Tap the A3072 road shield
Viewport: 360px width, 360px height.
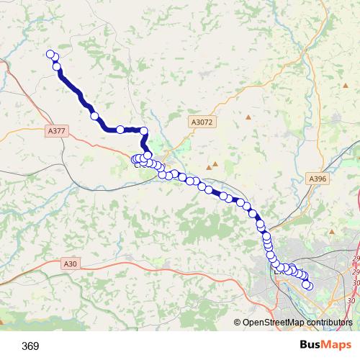tap(202, 123)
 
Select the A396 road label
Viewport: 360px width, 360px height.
tap(317, 178)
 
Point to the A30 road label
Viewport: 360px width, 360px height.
tap(70, 264)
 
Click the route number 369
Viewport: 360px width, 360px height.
tap(30, 346)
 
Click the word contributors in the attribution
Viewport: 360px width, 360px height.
tap(328, 323)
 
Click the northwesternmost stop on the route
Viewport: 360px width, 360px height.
tap(50, 54)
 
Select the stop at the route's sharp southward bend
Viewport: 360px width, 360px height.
tap(143, 130)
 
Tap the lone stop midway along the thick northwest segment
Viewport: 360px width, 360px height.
tap(94, 115)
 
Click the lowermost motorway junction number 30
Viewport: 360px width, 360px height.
tap(352, 300)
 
